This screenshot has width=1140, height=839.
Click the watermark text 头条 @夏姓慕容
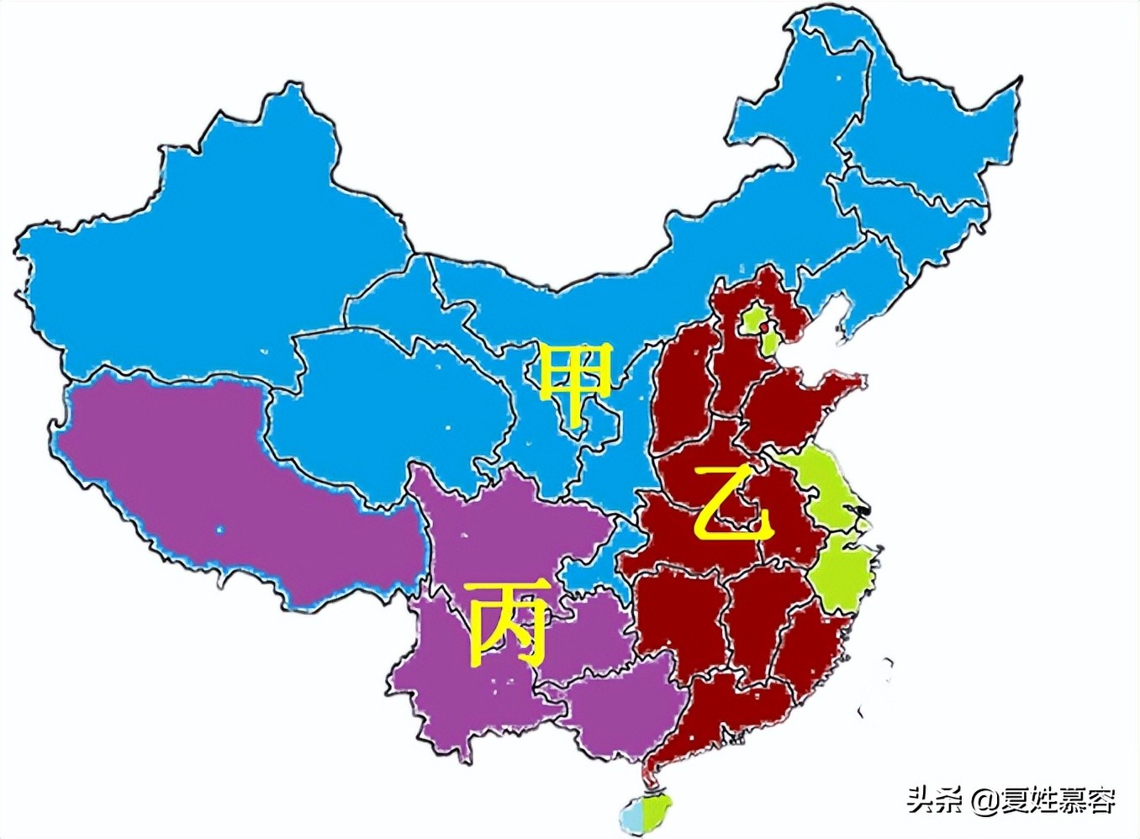pyautogui.click(x=1011, y=799)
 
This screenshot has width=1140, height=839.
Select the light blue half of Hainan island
pyautogui.click(x=631, y=814)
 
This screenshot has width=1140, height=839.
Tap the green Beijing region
pyautogui.click(x=755, y=317)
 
